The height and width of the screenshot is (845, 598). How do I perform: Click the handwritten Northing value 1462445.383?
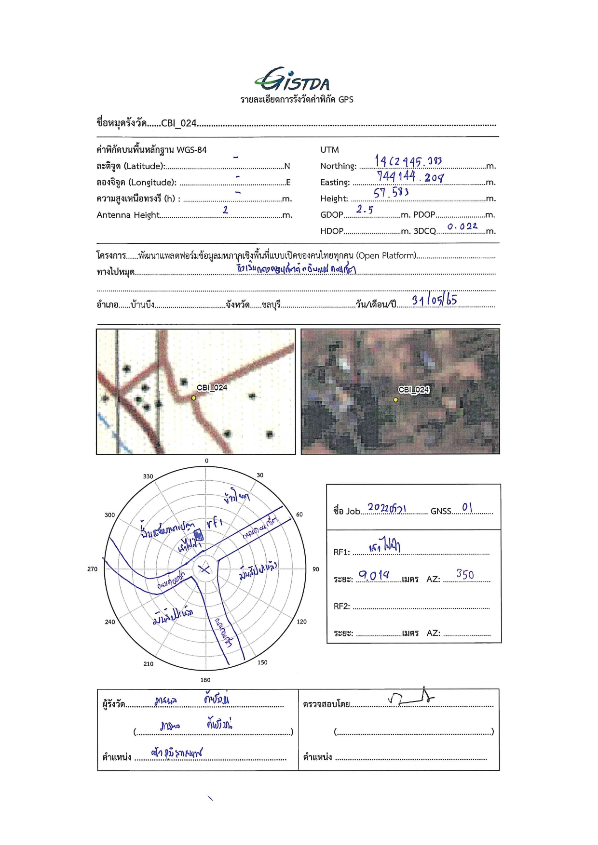pyautogui.click(x=408, y=161)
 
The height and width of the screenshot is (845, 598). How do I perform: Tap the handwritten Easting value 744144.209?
pyautogui.click(x=410, y=177)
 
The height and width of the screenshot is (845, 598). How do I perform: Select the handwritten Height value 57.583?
pyautogui.click(x=391, y=193)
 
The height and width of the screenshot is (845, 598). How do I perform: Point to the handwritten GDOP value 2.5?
pyautogui.click(x=365, y=209)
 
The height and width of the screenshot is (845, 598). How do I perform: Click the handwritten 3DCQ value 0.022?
pyautogui.click(x=462, y=226)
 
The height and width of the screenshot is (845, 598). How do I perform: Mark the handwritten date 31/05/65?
pyautogui.click(x=434, y=300)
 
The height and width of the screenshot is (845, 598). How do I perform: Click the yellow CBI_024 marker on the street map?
pyautogui.click(x=193, y=398)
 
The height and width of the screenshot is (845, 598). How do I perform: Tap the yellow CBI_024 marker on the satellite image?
pyautogui.click(x=395, y=399)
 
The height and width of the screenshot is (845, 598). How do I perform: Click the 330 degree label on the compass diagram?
pyautogui.click(x=148, y=476)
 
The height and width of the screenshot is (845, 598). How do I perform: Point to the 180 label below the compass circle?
pyautogui.click(x=205, y=680)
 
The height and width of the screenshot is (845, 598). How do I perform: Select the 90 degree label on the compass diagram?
pyautogui.click(x=315, y=569)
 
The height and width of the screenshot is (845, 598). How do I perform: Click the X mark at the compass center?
pyautogui.click(x=205, y=569)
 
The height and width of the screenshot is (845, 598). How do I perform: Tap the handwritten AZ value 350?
pyautogui.click(x=465, y=574)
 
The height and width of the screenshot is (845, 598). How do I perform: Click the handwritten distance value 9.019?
pyautogui.click(x=374, y=575)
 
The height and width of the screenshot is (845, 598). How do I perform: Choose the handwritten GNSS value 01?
pyautogui.click(x=467, y=507)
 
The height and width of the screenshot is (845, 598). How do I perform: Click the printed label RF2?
pyautogui.click(x=341, y=606)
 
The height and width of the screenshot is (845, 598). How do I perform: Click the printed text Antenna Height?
pyautogui.click(x=128, y=215)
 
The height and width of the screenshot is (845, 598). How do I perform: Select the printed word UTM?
pyautogui.click(x=329, y=150)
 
